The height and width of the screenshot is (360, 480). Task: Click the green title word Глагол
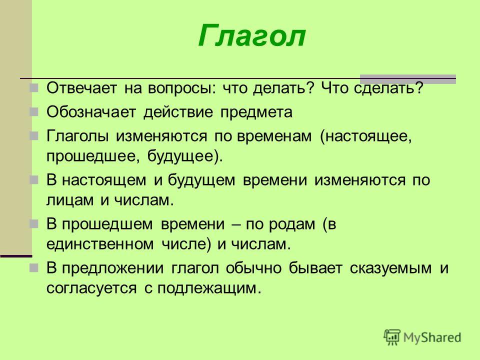tap(251, 36)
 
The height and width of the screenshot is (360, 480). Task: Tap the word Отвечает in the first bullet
tap(81, 88)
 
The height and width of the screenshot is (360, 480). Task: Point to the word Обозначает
tap(91, 112)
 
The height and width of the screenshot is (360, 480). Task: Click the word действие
tap(178, 112)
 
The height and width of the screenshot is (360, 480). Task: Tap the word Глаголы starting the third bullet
tap(78, 136)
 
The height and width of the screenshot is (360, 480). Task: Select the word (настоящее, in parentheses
tap(366, 136)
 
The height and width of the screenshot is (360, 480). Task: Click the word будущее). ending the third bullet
tap(185, 156)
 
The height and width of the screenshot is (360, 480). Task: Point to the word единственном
tap(100, 244)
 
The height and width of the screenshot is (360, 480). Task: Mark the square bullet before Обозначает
tap(33, 111)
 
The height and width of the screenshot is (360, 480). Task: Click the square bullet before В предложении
tap(33, 268)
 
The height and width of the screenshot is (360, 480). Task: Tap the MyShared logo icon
tap(392, 337)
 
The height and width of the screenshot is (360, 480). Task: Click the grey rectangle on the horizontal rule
tap(408, 79)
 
